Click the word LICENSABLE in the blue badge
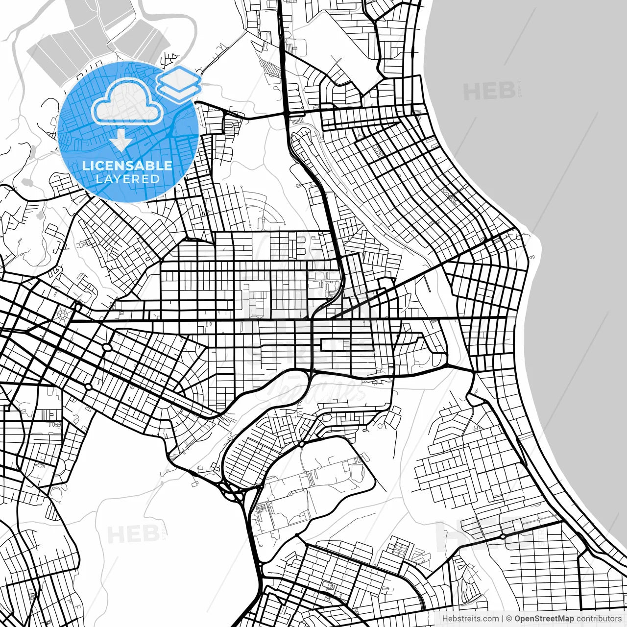(x=127, y=166)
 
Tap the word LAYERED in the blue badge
(x=127, y=179)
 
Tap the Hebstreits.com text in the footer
(x=470, y=619)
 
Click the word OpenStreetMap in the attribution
(x=544, y=619)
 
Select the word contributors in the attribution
(x=599, y=619)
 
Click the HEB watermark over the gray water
(x=489, y=92)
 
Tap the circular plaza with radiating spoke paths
(x=63, y=314)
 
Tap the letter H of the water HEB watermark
(x=471, y=92)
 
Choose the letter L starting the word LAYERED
(x=99, y=179)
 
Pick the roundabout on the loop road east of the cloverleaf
(x=302, y=444)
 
